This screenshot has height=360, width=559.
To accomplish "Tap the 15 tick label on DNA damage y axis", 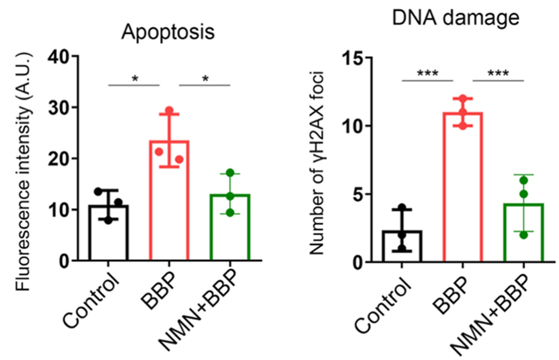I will tap(352, 58).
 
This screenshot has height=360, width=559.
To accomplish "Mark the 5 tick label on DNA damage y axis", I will tap(357, 195).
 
